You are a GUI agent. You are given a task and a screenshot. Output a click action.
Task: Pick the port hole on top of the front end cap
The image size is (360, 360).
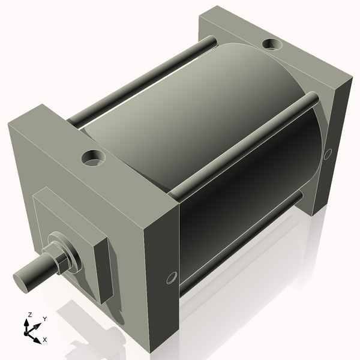click(x=94, y=158)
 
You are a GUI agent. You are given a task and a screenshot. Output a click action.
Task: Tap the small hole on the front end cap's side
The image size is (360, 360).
click(x=171, y=278)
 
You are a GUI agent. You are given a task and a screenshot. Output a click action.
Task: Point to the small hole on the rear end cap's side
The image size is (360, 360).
click(x=328, y=154)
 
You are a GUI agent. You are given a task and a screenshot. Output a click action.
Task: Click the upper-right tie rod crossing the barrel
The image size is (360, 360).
click(x=246, y=144)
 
